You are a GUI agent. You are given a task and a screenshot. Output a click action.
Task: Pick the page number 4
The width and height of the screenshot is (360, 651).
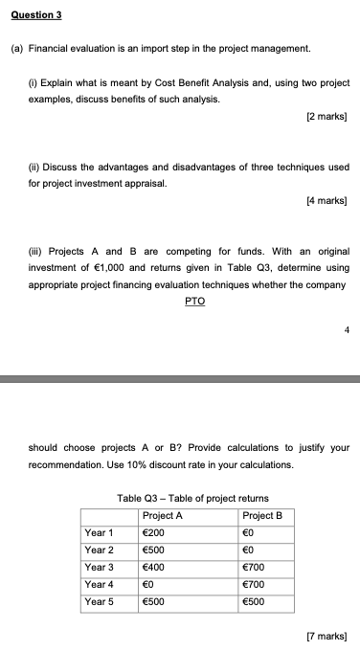345,331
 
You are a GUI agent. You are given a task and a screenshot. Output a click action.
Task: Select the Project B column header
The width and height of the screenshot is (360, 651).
263,516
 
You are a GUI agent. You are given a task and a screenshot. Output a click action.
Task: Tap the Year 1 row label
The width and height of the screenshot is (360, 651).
99,533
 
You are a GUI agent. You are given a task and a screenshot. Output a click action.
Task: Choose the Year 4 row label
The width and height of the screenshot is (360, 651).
99,585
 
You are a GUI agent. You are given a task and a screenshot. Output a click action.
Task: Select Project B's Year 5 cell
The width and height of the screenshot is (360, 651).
256,602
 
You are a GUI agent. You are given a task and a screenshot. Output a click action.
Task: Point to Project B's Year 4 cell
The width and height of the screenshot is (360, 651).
256,585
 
